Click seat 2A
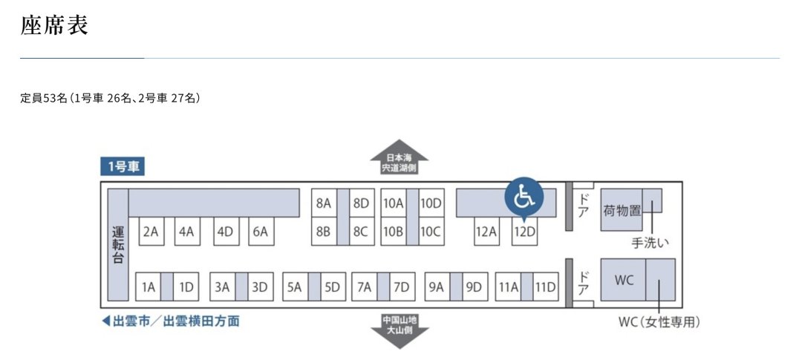pos(150,232)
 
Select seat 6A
pos(261,232)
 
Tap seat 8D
pos(362,203)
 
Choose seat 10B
pos(394,232)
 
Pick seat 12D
pos(525,232)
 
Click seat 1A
pos(149,287)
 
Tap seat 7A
pos(365,287)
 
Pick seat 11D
pos(545,287)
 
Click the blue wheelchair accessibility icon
pos(524,197)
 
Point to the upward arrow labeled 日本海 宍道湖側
pos(400,157)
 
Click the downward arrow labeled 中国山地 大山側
pos(400,331)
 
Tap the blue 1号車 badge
pos(123,167)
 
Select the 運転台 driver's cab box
pos(118,244)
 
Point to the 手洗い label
pos(651,243)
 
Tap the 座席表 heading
pos(54,24)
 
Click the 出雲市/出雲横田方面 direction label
pos(170,321)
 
